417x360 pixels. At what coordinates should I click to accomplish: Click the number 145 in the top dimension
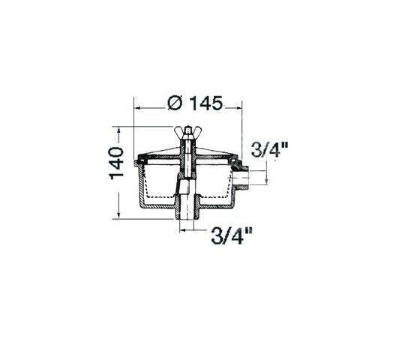pos(205,103)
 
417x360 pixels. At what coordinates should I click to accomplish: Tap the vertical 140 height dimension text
pos(116,163)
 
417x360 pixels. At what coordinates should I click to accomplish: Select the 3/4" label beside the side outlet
pos(269,150)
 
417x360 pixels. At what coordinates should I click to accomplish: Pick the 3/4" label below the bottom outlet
pos(231,235)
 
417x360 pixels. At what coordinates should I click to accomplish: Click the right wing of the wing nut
pos(196,132)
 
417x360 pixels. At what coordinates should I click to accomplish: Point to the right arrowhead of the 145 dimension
pos(238,108)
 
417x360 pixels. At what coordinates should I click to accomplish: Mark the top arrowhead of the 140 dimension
pos(119,130)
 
